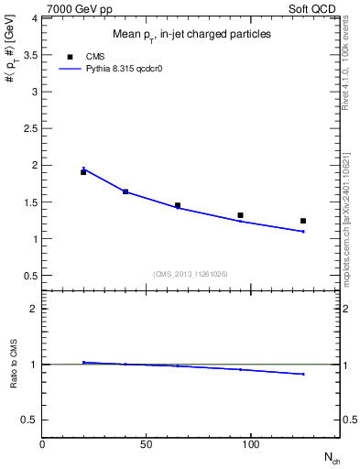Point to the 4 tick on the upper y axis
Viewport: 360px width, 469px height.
34,18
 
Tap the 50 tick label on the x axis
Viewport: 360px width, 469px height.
147,444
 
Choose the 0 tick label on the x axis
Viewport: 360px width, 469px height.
43,444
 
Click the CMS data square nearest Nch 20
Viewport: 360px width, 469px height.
83,172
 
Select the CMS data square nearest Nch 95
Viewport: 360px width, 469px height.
240,215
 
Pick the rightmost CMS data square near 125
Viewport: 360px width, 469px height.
303,221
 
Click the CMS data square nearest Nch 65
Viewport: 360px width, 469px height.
178,206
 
